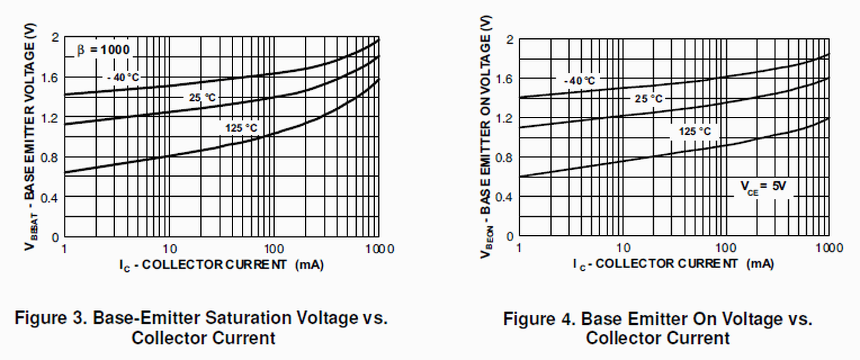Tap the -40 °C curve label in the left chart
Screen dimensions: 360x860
click(124, 77)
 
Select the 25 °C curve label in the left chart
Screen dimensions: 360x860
click(202, 97)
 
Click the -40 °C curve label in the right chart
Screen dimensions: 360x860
click(578, 81)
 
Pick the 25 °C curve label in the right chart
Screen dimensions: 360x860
click(648, 99)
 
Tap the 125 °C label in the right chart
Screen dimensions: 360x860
click(694, 132)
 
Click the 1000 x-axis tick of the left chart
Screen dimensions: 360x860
click(380, 249)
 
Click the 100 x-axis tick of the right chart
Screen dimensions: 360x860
click(727, 248)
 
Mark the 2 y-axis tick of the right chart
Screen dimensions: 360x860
click(510, 40)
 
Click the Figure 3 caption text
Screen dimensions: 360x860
click(202, 327)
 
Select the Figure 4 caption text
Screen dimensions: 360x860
click(657, 328)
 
